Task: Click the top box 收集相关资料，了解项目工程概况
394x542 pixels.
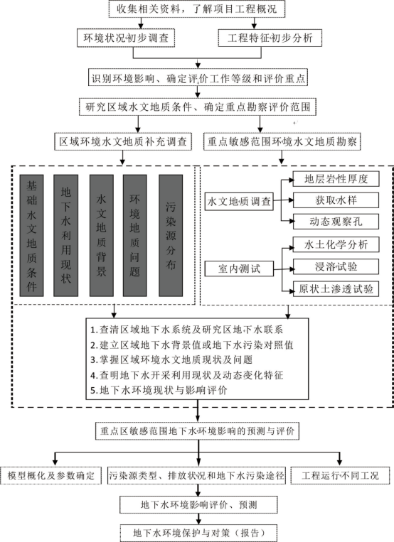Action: [x=196, y=9]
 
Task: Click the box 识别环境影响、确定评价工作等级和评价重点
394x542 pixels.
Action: [x=196, y=77]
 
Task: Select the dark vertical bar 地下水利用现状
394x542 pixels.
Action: [x=66, y=234]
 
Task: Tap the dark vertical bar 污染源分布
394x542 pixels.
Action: [x=171, y=234]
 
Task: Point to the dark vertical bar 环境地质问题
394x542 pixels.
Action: [x=136, y=234]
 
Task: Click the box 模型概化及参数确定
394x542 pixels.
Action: [x=51, y=475]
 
